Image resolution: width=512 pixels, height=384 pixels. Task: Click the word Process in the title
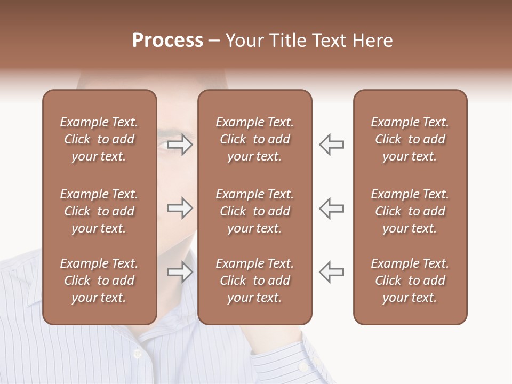coord(167,41)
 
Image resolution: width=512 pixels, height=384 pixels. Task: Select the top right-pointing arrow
coord(180,145)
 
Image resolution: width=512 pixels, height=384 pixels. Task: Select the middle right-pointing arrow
coord(180,208)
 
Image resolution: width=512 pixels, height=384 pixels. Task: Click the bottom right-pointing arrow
coord(180,273)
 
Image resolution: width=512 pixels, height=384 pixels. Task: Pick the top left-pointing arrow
coord(331,145)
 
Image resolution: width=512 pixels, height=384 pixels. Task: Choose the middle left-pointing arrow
coord(331,208)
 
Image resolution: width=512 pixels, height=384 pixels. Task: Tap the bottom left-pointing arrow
coord(331,271)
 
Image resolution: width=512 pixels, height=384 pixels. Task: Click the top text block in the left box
coord(99,139)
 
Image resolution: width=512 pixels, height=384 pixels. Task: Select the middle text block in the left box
coord(99,211)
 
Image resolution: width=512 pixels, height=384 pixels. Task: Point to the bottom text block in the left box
coord(99,281)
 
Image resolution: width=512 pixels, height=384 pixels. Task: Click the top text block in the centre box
coord(254,139)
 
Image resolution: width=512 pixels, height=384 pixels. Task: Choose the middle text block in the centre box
coord(254,211)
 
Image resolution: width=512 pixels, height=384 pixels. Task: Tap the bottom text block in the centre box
coord(254,281)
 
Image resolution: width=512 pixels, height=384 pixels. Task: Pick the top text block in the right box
coord(410,139)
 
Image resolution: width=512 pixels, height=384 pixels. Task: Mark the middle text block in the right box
coord(410,211)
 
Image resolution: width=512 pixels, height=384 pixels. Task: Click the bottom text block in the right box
coord(410,281)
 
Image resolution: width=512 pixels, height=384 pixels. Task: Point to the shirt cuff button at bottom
coord(302,367)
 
